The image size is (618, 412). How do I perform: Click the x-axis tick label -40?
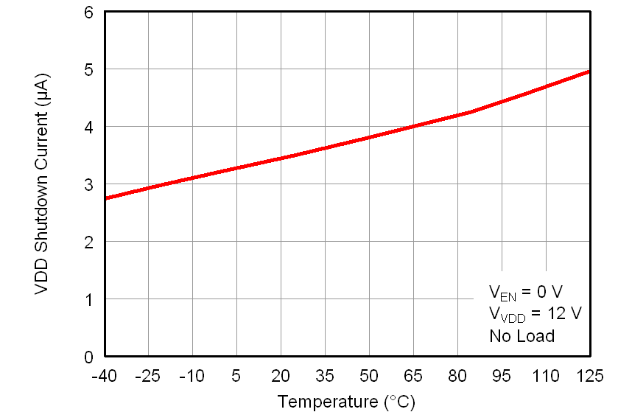(x=104, y=376)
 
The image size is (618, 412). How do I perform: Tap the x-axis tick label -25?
(x=148, y=376)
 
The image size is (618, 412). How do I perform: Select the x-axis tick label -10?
(x=192, y=376)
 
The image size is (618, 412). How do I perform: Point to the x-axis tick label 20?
(x=281, y=376)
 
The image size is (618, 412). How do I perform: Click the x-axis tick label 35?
(x=325, y=376)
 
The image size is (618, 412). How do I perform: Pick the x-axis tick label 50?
(x=369, y=376)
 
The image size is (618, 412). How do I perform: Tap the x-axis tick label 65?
(x=413, y=376)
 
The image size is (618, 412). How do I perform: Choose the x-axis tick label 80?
(x=457, y=376)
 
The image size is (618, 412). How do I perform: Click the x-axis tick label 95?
(x=502, y=376)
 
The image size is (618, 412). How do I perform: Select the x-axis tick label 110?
(x=546, y=376)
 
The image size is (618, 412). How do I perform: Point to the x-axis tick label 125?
(x=590, y=376)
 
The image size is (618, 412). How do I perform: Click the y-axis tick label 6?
(x=88, y=13)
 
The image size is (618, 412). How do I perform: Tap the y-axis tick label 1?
(x=88, y=299)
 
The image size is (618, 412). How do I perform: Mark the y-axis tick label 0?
(x=88, y=357)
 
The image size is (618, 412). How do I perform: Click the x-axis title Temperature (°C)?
(x=346, y=401)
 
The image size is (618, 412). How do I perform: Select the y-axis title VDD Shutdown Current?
(x=42, y=184)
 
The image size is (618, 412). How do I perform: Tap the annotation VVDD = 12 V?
(x=535, y=313)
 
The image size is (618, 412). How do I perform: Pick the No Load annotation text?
(x=522, y=336)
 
